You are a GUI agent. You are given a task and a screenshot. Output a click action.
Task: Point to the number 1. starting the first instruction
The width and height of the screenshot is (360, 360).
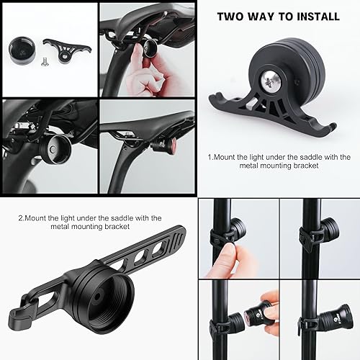tap(211, 156)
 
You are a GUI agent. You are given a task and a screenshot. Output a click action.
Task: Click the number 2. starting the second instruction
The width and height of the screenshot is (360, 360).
tap(21, 217)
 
